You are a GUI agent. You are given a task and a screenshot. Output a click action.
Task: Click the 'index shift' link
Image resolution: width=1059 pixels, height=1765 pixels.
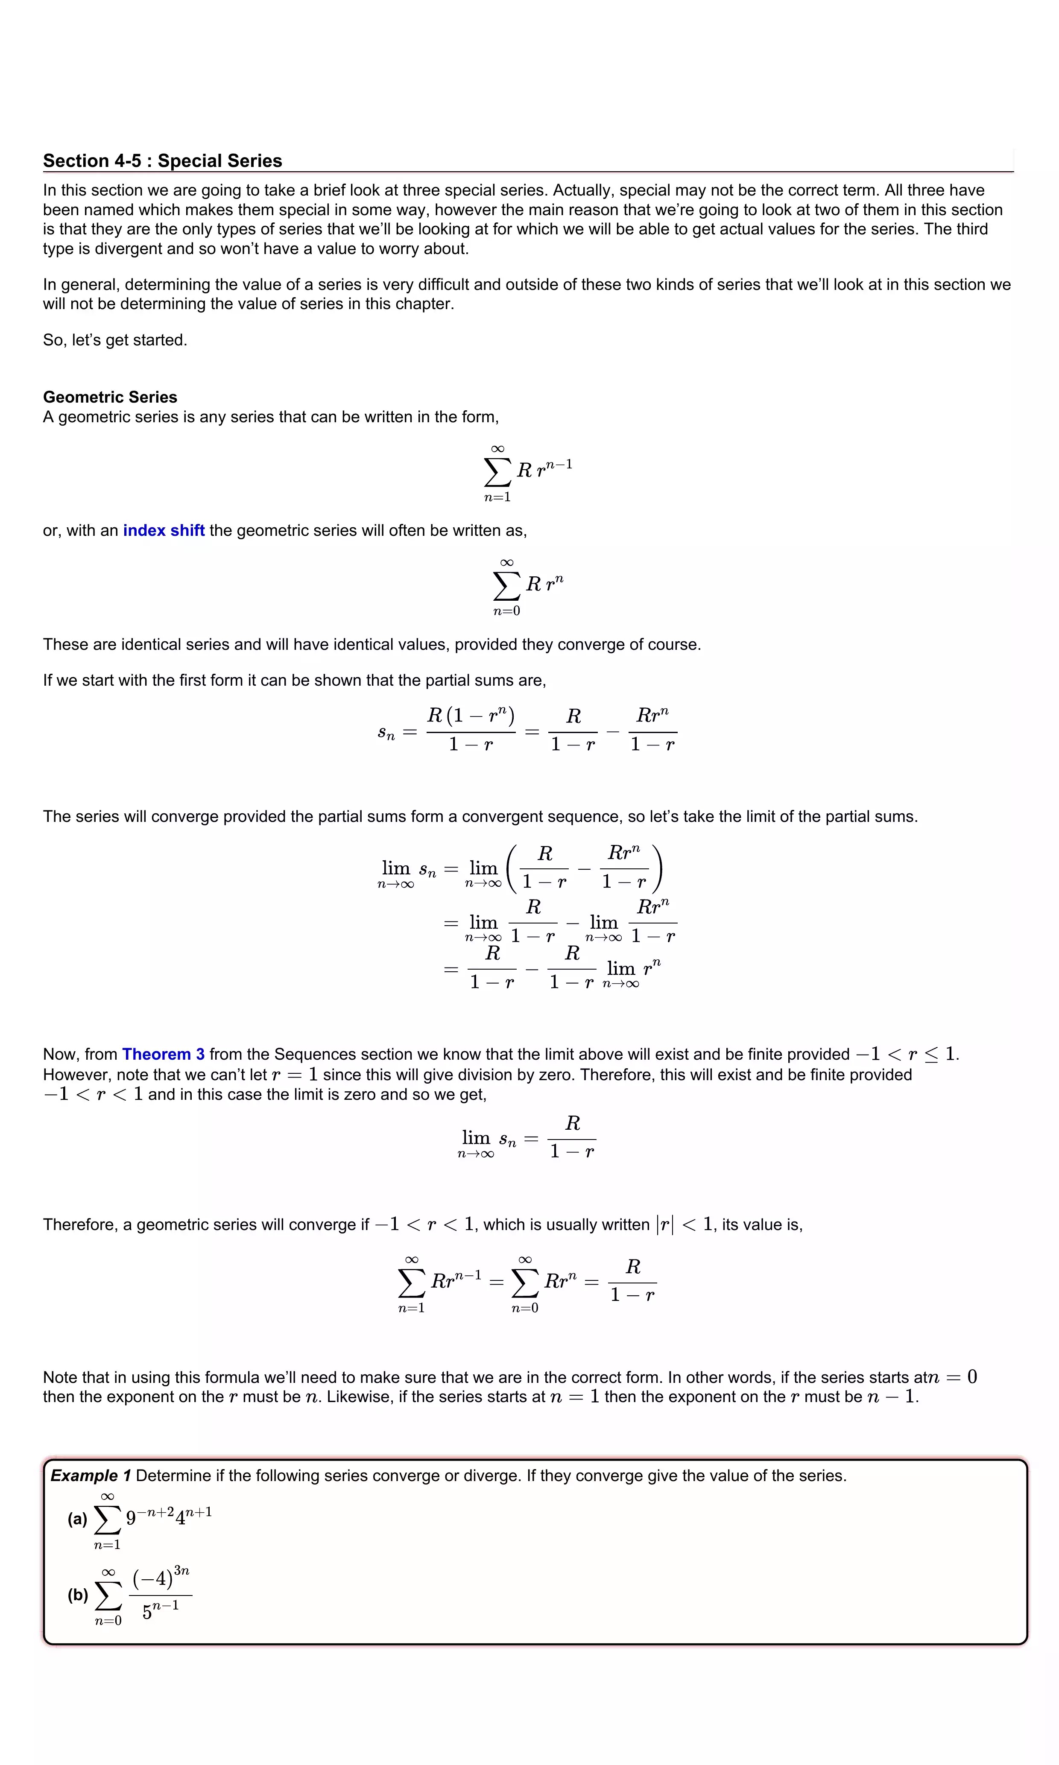point(164,530)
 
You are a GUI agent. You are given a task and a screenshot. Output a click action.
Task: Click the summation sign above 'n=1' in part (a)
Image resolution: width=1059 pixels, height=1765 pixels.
point(107,1520)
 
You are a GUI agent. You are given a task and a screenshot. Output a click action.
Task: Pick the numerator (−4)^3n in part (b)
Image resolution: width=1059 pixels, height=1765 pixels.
point(161,1578)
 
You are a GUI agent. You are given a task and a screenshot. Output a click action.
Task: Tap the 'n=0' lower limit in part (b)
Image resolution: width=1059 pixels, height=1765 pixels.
point(108,1621)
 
